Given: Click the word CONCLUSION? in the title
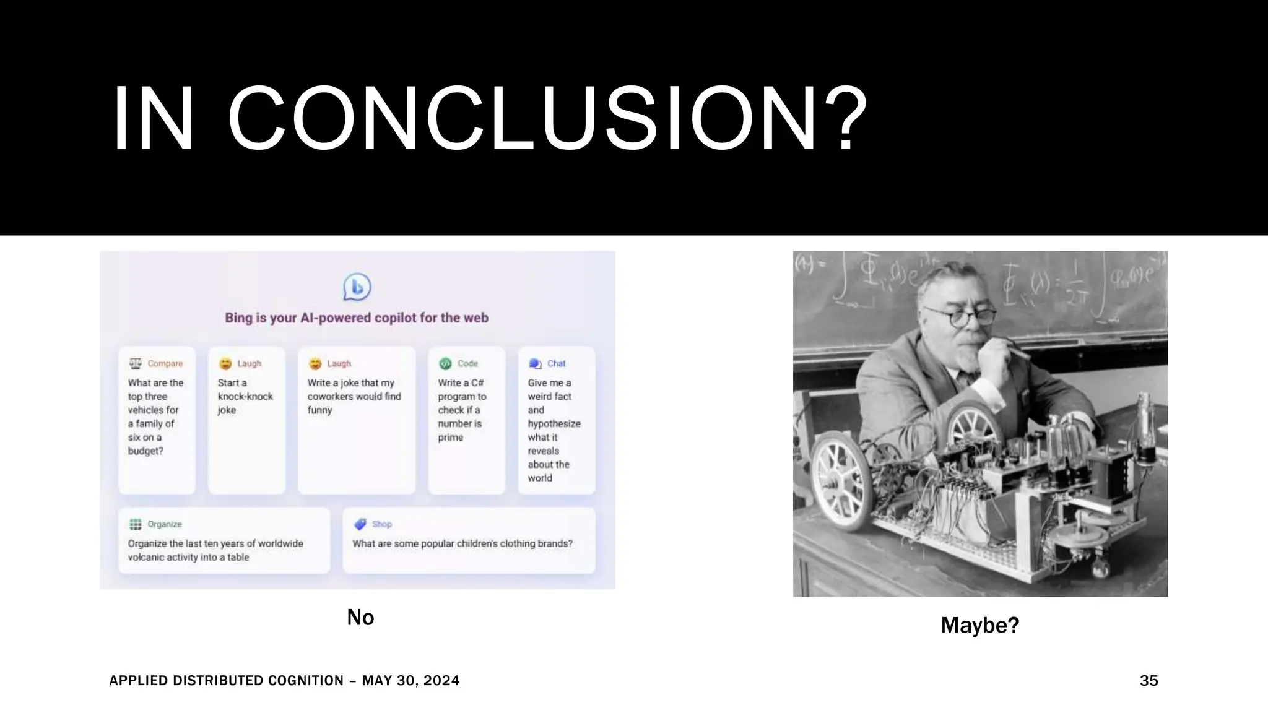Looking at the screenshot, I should coord(547,119).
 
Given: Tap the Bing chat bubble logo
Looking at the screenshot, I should coord(357,287).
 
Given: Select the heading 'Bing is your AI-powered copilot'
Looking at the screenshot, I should coord(357,318).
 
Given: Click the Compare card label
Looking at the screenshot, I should coord(165,363).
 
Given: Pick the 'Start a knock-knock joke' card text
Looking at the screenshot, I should coord(245,396).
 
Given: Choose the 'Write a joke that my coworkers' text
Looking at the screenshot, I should coord(354,396).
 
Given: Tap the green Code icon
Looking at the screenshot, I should coord(445,363).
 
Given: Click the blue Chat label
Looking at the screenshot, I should coord(556,363).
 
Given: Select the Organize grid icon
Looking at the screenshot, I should coord(135,524).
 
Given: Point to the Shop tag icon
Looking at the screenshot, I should coord(360,524).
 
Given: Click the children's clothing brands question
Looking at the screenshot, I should coord(462,543).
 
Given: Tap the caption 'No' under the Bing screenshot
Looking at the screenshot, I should coord(360,617).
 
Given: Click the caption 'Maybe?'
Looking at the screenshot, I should coord(979,625).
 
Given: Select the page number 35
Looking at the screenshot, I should coord(1149,681).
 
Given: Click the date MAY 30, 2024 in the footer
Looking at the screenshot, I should coord(410,681).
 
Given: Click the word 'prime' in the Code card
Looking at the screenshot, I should coord(451,437).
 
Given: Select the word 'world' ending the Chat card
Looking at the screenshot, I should coord(540,478).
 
